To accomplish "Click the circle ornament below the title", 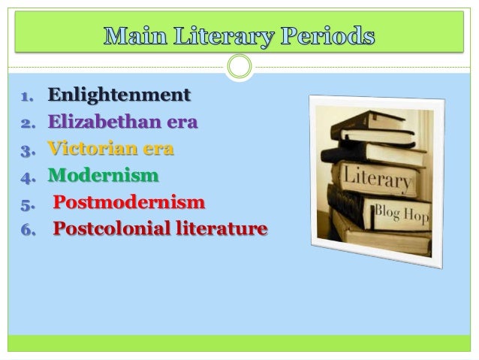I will coord(239,68).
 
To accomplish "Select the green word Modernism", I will coord(104,177).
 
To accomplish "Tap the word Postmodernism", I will coord(128,203).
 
